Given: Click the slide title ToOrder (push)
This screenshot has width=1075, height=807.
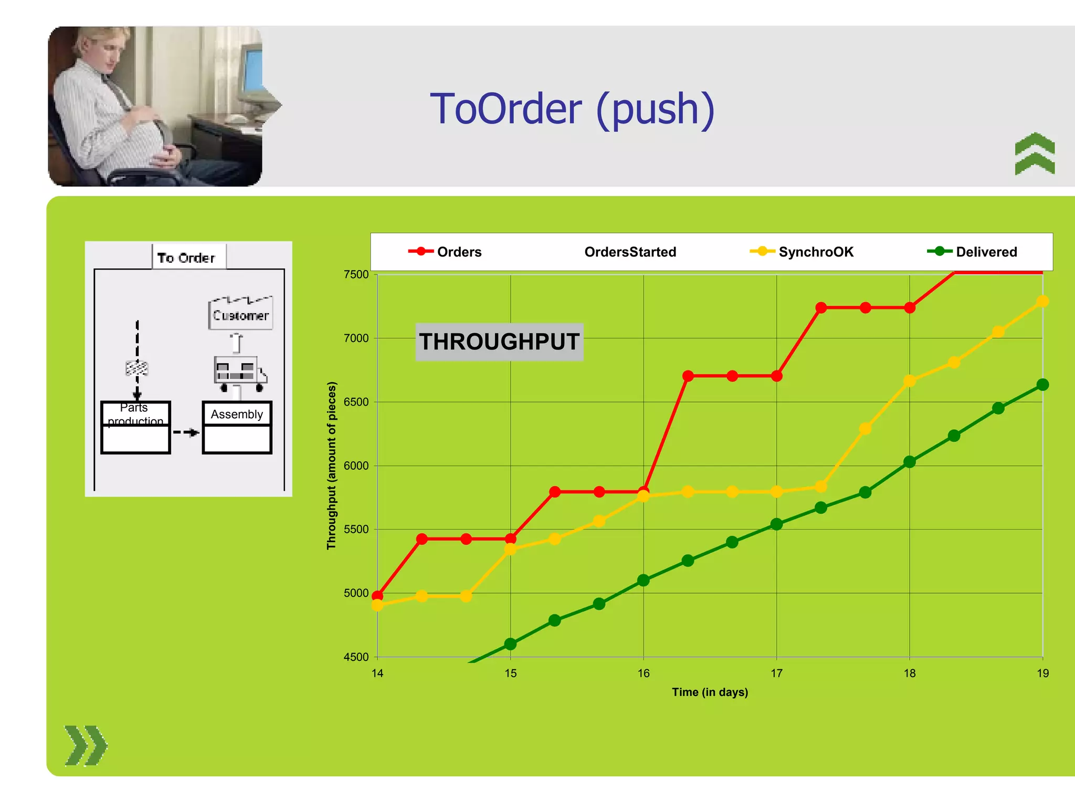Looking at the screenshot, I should pos(572,109).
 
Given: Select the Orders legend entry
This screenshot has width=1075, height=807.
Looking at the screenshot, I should pos(446,252).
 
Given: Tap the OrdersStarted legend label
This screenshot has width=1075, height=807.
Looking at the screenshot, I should pos(630,252).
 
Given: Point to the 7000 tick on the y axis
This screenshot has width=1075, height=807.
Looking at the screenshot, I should pos(356,338).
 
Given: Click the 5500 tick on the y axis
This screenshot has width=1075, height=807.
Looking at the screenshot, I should pos(356,530).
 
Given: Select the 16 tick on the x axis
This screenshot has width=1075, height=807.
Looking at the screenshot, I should pos(644,674).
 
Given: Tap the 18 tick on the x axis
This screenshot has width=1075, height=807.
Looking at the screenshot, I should pos(910,674).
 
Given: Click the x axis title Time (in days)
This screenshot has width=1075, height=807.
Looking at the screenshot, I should pos(710,692).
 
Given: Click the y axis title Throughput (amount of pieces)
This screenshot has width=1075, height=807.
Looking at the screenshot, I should pos(331,465).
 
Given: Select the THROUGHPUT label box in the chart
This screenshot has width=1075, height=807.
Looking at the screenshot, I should pos(499,342).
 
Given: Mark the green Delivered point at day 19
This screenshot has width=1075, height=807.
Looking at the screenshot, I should pos(1042,385).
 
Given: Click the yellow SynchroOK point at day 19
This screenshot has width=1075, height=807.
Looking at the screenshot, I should pos(1042,302).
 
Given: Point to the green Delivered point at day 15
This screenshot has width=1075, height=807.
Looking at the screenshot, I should pos(510,644).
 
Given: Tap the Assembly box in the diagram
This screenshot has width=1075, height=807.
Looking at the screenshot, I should pos(237,427).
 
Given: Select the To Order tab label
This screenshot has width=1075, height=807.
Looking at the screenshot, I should pos(187,257).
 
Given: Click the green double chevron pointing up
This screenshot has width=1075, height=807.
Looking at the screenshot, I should pos(1035,153).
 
